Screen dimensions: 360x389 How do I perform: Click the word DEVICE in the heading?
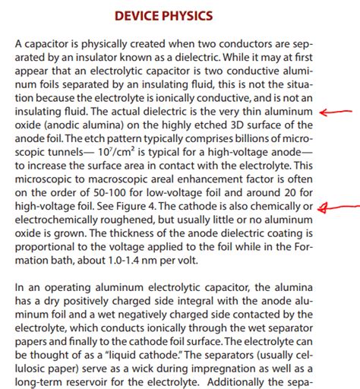pos(137,15)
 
